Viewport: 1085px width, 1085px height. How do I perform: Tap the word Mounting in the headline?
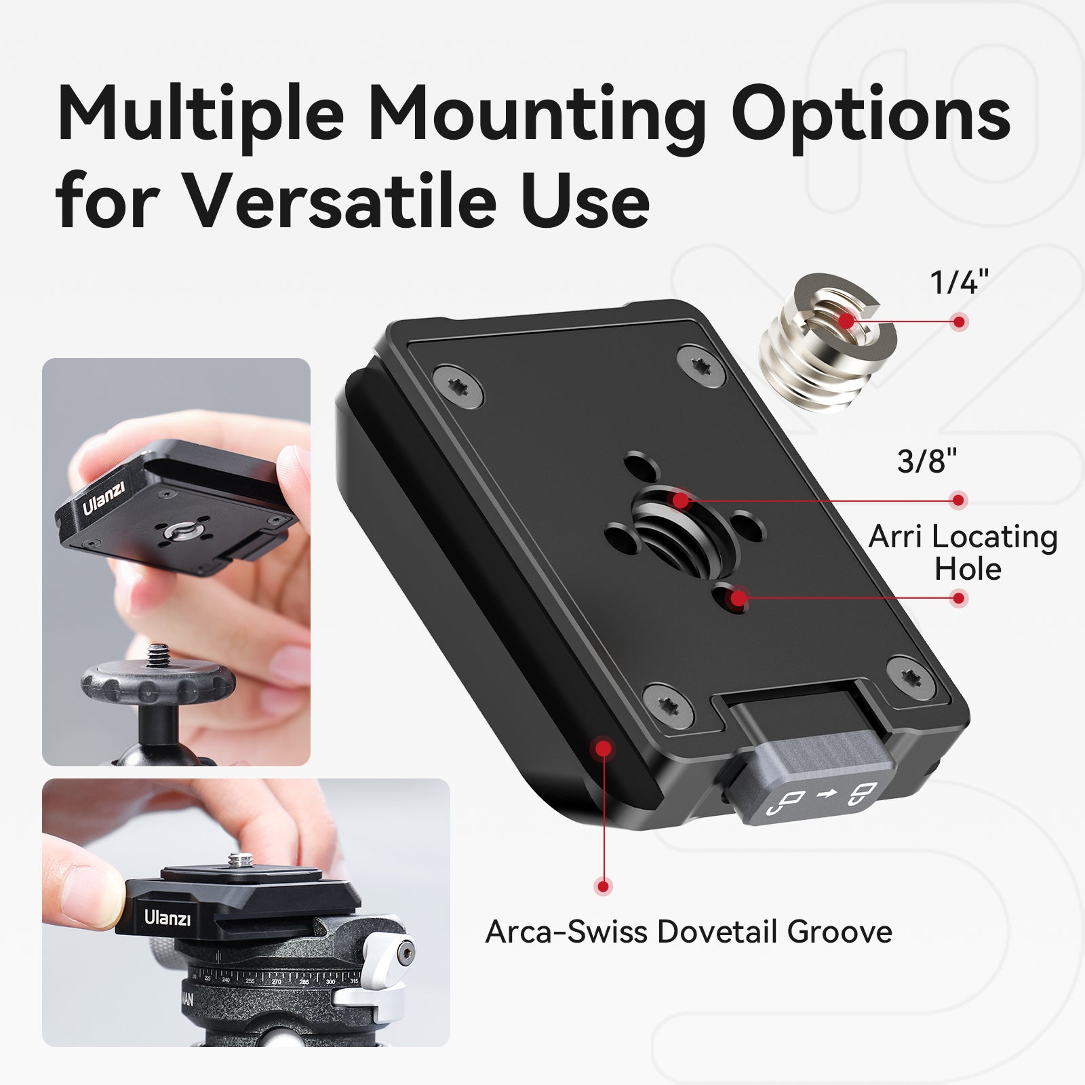pyautogui.click(x=536, y=115)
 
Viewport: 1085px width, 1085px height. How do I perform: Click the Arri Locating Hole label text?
pyautogui.click(x=964, y=553)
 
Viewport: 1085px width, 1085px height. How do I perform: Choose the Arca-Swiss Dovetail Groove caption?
pyautogui.click(x=688, y=932)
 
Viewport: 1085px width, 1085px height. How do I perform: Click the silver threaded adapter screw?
pyautogui.click(x=827, y=342)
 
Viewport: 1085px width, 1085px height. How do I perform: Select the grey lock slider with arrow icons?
pyautogui.click(x=807, y=780)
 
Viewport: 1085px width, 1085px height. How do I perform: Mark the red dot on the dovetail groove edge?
pyautogui.click(x=601, y=749)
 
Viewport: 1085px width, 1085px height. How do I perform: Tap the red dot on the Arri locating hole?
pyautogui.click(x=738, y=598)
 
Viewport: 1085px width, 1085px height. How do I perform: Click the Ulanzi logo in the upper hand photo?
pyautogui.click(x=104, y=499)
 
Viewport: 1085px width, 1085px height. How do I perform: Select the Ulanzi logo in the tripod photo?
pyautogui.click(x=167, y=918)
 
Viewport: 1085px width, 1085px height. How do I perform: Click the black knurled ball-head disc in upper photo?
pyautogui.click(x=159, y=682)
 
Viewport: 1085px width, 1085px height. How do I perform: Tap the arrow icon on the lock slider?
pyautogui.click(x=825, y=794)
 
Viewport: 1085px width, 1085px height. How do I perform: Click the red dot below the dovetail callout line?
pyautogui.click(x=602, y=886)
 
